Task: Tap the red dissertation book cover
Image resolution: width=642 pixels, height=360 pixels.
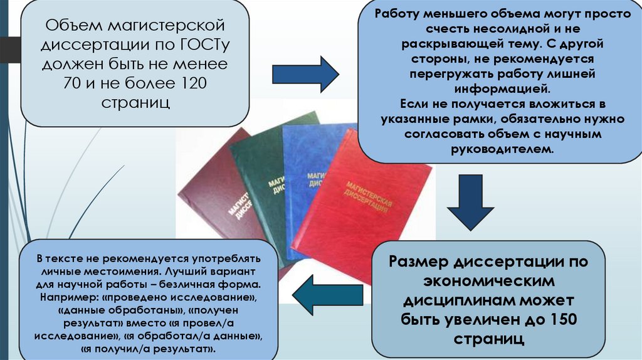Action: coord(370,207)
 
